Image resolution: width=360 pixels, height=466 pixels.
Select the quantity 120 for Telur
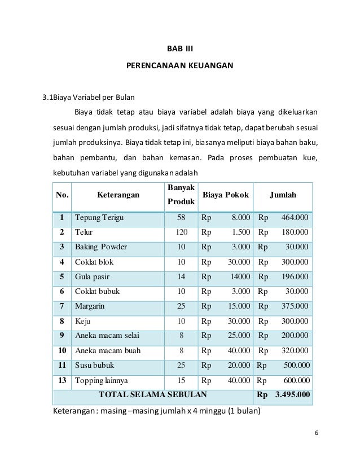[x=181, y=232]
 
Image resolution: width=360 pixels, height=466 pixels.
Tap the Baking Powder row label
[x=101, y=247]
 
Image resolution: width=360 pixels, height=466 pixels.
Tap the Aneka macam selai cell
[x=107, y=336]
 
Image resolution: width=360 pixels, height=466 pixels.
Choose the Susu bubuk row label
[x=94, y=366]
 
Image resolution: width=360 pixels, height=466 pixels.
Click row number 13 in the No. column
[x=62, y=380]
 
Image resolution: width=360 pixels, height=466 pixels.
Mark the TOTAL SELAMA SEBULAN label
[x=152, y=394]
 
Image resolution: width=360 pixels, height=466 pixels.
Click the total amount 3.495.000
[x=292, y=394]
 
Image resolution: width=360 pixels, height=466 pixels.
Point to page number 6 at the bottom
[x=317, y=433]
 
